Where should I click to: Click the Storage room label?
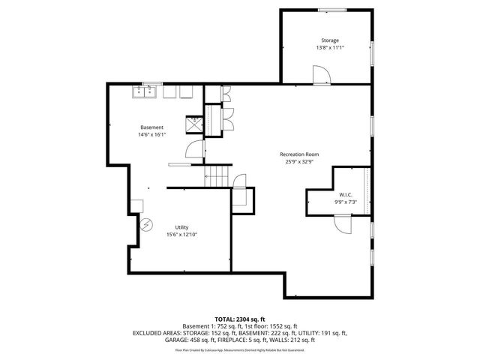[330, 40]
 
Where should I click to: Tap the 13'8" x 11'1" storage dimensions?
[330, 48]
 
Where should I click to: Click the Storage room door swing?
[320, 73]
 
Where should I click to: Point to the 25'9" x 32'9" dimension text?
[298, 161]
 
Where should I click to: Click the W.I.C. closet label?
[346, 194]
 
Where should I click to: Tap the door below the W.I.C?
[342, 223]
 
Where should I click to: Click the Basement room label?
[151, 127]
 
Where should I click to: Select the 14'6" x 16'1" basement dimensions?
[151, 135]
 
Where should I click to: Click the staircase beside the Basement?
[217, 177]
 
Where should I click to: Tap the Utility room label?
[181, 226]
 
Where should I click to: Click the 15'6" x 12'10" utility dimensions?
[181, 234]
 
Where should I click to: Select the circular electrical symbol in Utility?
[147, 223]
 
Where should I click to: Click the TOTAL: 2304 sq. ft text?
[240, 319]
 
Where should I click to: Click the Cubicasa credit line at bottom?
[240, 349]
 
